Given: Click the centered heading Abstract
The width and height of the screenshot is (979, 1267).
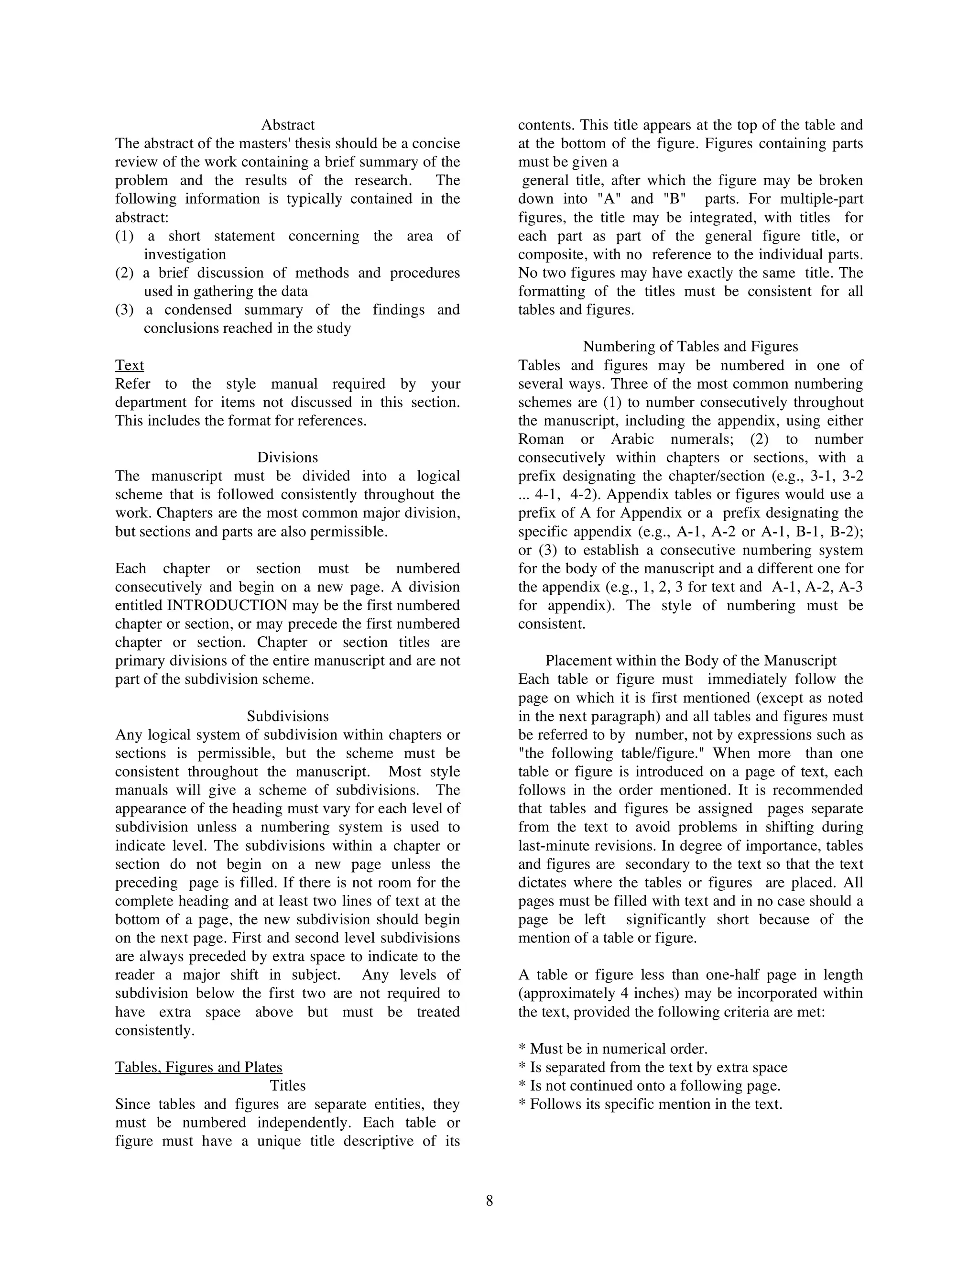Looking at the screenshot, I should click(x=288, y=125).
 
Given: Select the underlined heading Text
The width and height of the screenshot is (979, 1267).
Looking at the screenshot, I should click(x=130, y=365).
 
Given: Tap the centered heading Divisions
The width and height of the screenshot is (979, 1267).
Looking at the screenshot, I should click(x=288, y=458).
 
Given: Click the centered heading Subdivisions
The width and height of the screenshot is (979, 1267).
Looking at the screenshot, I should click(x=288, y=717).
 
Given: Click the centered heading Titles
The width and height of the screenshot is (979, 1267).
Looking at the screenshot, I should click(x=288, y=1086).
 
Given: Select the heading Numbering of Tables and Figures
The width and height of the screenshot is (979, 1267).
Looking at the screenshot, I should click(x=690, y=347).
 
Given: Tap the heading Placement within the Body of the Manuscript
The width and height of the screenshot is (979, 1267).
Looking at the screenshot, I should click(x=690, y=661).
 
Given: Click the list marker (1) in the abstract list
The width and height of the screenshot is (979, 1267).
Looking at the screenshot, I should click(x=124, y=236).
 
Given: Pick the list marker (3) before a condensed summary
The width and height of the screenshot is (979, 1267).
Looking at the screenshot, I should click(x=124, y=310).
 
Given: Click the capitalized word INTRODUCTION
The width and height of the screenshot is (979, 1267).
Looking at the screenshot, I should click(x=227, y=606).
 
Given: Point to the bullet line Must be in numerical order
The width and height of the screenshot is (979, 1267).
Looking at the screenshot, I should click(x=612, y=1049).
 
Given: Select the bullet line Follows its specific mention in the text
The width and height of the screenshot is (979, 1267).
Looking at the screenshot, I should click(x=650, y=1104).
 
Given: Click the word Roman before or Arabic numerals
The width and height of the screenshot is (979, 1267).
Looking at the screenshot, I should click(x=541, y=439).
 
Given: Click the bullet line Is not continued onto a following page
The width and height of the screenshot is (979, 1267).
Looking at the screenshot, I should click(x=649, y=1086).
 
